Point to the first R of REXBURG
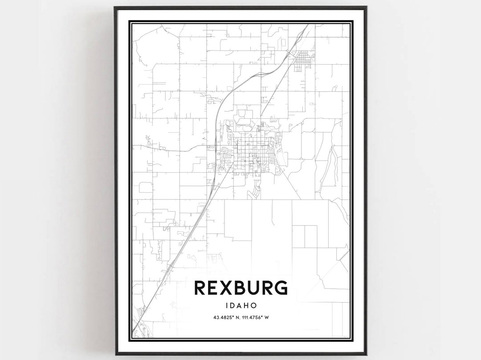tap(201, 288)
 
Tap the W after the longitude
tap(269, 317)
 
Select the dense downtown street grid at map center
tap(252, 154)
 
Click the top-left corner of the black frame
tap(115, 7)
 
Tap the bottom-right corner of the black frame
tap(366, 354)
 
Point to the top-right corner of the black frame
tap(366, 7)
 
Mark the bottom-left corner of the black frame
tap(115, 354)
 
